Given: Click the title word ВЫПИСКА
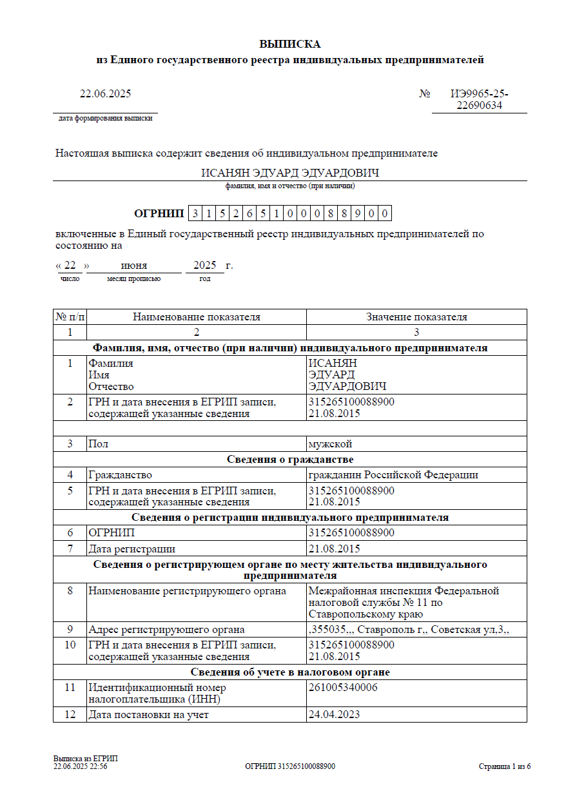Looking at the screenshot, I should coord(289,44).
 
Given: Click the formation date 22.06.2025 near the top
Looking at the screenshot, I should coord(105,94).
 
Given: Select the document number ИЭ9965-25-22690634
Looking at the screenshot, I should coord(479,100).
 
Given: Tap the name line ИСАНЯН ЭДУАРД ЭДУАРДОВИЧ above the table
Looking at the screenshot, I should coord(289,173).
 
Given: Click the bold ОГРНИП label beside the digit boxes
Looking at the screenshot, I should coord(159,214).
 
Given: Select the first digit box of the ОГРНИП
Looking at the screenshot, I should coord(194,214).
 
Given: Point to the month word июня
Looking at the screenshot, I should coord(134,266).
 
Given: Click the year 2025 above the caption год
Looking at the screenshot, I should coord(204,266).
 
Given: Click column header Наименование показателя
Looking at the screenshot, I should coord(197,317).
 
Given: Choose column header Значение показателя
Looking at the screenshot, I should coord(416,317).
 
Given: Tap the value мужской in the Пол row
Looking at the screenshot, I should coord(330,444).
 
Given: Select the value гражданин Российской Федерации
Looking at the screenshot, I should coord(393,475).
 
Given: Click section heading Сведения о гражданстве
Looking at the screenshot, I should coord(290,460).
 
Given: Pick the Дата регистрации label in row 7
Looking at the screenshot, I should coord(132,549).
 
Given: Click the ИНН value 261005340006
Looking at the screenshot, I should coord(343,688).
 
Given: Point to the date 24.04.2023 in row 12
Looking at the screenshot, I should coord(334,715).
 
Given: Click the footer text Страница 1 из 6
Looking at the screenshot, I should coord(505,766).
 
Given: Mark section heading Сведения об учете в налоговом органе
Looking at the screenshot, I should coord(290,672).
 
